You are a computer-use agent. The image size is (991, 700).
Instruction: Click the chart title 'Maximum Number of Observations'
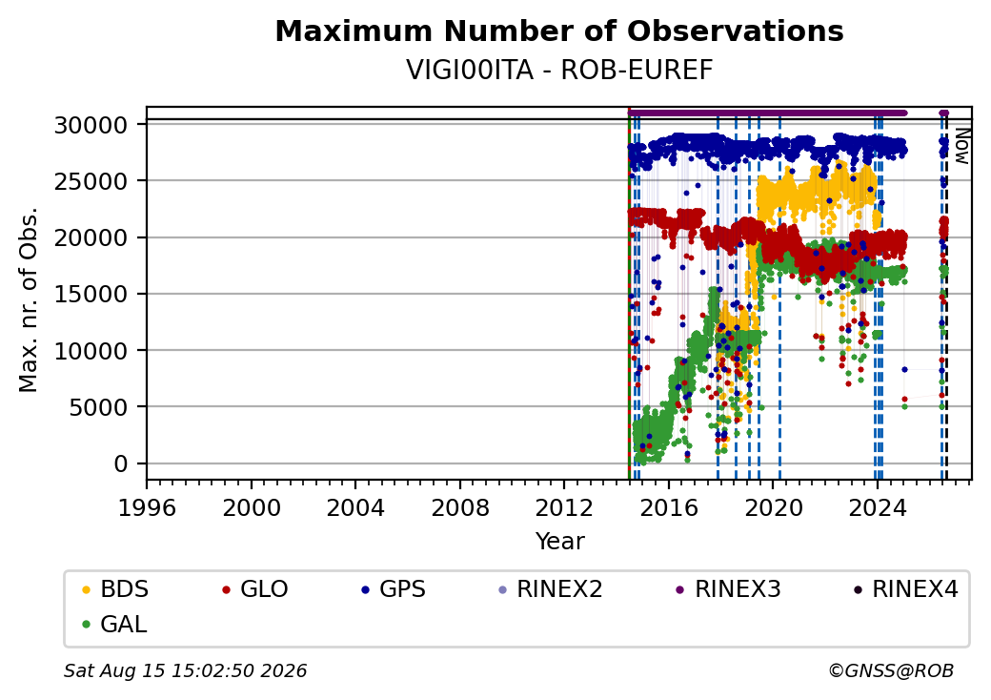coord(559,31)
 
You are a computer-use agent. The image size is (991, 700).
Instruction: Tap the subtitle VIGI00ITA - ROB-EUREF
coord(559,71)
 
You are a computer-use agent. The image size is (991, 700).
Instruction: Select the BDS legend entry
coord(115,589)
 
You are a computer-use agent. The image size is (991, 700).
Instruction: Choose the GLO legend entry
coord(255,589)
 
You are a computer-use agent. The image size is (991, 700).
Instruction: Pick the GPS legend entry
coord(394,589)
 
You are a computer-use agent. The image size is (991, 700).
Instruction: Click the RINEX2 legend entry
coord(551,589)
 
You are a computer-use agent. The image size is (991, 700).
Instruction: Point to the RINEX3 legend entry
coord(729,589)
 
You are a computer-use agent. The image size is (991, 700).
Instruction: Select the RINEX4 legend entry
coord(905,589)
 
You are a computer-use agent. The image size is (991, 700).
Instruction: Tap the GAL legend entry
coord(115,624)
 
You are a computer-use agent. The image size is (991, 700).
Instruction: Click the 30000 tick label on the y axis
coord(91,125)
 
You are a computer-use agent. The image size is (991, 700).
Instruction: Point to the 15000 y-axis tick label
coord(91,294)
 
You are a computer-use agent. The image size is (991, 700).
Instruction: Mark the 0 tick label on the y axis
coord(121,464)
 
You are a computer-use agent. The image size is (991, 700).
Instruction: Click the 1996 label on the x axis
coord(147,507)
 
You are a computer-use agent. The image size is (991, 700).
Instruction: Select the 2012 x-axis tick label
coord(564,507)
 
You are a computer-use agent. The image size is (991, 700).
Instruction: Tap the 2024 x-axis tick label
coord(878,507)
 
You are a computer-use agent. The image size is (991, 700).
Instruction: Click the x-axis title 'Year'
coord(560,542)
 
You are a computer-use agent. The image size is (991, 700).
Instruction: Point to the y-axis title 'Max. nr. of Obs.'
coord(29,299)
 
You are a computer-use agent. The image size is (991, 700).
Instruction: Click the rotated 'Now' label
coord(961,146)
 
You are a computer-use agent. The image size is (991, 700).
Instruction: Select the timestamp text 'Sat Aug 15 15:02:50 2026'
coord(186,670)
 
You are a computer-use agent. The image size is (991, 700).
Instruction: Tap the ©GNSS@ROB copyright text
coord(891,670)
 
